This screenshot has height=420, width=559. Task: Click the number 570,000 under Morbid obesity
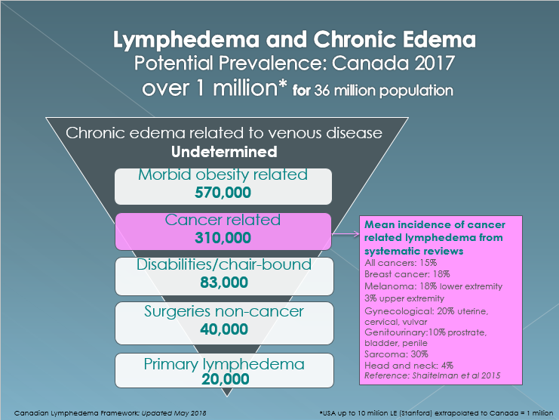[223, 193]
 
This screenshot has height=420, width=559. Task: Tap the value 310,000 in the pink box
[223, 238]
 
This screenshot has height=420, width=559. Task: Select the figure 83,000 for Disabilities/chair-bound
[224, 283]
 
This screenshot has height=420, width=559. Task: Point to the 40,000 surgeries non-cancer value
[224, 329]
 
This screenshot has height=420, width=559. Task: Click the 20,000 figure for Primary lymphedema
[226, 379]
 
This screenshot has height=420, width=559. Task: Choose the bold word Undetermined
[224, 152]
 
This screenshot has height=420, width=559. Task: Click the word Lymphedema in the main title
[186, 40]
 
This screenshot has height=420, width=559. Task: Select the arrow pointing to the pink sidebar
[346, 234]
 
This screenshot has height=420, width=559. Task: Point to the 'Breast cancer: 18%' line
[407, 274]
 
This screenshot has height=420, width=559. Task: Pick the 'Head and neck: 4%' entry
[409, 366]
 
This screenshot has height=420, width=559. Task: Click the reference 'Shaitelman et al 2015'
[456, 375]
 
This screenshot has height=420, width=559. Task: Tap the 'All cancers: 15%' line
[401, 263]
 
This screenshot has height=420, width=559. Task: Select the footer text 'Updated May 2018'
[174, 413]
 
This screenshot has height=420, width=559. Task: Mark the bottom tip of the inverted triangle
[227, 396]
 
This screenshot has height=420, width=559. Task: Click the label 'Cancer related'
[223, 220]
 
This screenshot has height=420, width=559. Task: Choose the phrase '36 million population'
[383, 91]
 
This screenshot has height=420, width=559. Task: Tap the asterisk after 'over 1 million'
[282, 84]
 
